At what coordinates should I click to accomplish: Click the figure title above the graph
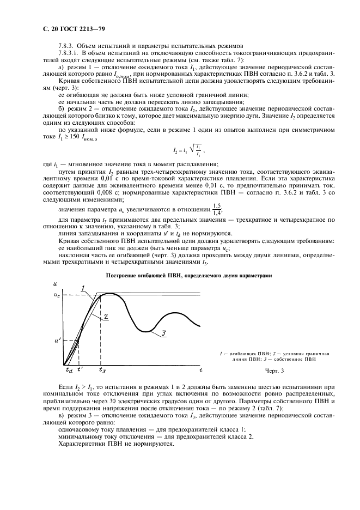coord(188,276)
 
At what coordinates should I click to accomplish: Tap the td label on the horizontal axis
coord(69,370)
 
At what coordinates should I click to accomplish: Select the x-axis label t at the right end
coord(200,370)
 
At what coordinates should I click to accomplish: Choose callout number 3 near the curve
coord(164,333)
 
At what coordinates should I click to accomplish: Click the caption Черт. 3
coord(275,371)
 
